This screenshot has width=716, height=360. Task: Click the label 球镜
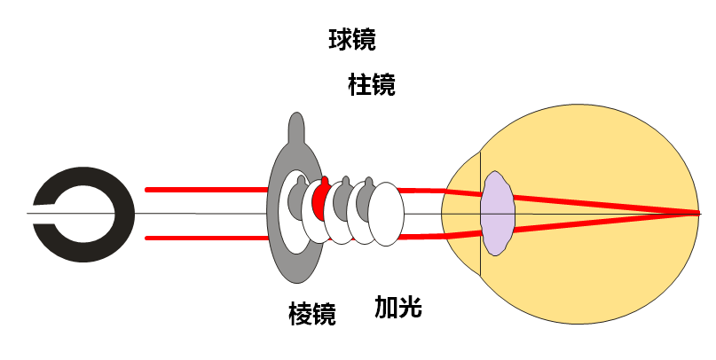click(352, 40)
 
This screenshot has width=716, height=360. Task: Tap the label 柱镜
click(372, 85)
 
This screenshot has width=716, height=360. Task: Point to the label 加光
click(397, 308)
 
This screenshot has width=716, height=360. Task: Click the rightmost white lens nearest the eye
click(387, 214)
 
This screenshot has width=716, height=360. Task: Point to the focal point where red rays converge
click(697, 213)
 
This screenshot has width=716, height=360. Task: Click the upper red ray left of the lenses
click(204, 189)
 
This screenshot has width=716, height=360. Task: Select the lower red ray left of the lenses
click(204, 237)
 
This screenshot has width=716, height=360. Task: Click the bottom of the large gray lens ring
click(296, 266)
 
